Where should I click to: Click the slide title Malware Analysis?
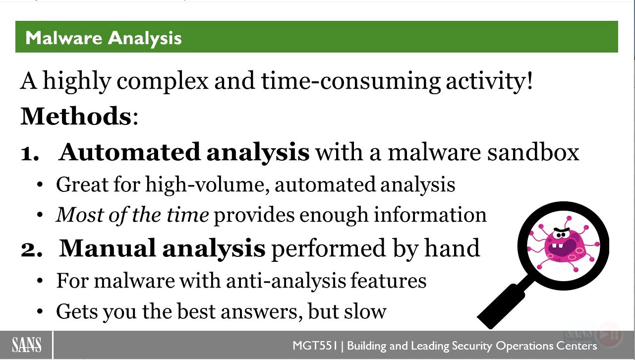point(104,38)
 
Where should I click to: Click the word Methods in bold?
point(76,116)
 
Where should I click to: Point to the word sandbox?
point(533,152)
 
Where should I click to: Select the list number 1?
point(29,153)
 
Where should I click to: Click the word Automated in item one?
point(129,152)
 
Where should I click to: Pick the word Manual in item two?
point(108,248)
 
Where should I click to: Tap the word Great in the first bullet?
point(82,184)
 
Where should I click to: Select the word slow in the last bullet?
point(365,311)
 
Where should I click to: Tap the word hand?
point(452,248)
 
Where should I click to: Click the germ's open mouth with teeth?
point(563,247)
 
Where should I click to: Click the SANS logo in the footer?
point(26,345)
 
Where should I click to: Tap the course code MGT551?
point(315,346)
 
